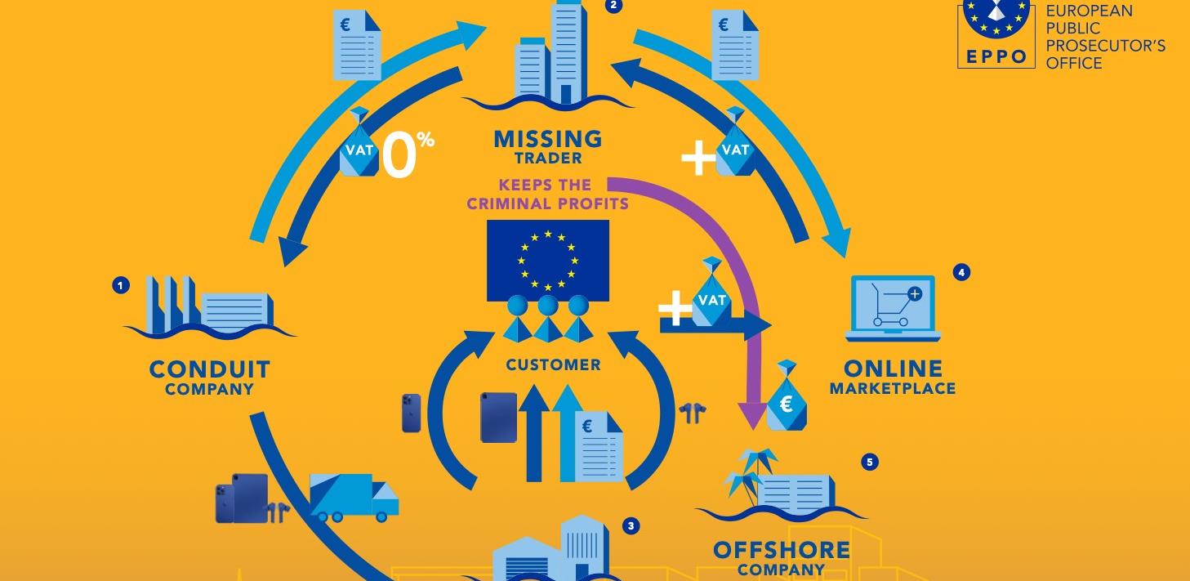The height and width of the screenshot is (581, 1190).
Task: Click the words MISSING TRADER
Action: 547,146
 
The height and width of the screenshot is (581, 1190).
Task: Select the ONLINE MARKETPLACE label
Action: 893,378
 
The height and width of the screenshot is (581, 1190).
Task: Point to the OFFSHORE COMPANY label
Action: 782,558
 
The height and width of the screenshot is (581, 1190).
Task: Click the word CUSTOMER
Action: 553,364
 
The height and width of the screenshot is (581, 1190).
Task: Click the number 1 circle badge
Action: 121,285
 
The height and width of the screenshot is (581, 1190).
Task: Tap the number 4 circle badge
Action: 961,273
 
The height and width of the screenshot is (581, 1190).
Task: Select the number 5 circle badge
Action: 869,463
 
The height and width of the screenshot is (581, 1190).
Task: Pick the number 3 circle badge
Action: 630,526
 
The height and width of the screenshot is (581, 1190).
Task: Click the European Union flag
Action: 547,260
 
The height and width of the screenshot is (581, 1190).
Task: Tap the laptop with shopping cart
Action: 893,307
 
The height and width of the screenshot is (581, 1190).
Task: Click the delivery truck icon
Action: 354,497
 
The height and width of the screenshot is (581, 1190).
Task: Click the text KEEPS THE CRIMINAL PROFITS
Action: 547,194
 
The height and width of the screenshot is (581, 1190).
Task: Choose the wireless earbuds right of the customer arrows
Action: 693,413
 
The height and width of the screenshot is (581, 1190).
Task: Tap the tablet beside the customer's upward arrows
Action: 498,418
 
